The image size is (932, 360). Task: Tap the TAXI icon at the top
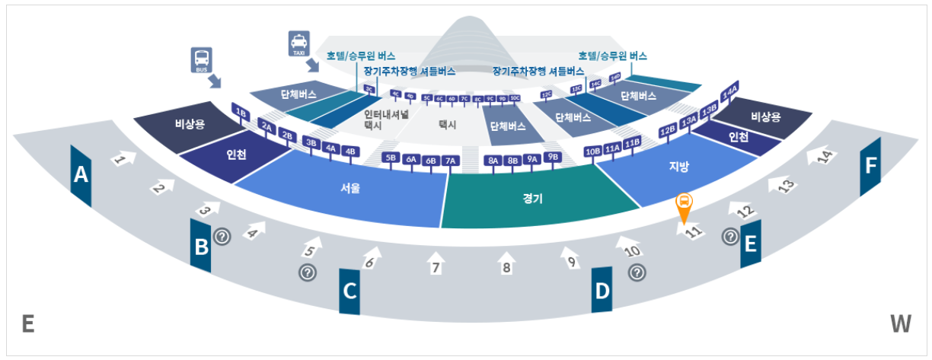pos(298,43)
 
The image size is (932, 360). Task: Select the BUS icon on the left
pos(201,59)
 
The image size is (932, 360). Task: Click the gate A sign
pos(80,176)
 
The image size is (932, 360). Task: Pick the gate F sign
pos(870,167)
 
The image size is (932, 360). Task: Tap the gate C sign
pos(349,291)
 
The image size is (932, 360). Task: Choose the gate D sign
pos(602,290)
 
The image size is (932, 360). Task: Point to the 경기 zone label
pos(532,197)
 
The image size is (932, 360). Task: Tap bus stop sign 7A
pos(450,161)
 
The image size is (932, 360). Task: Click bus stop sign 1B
pos(241,113)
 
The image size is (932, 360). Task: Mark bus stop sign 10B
pos(593,151)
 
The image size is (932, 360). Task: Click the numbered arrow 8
pos(506,263)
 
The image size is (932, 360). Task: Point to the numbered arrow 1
pos(124,159)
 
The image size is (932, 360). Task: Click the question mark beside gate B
pos(222,237)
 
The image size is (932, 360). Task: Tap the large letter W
pos(900,324)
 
